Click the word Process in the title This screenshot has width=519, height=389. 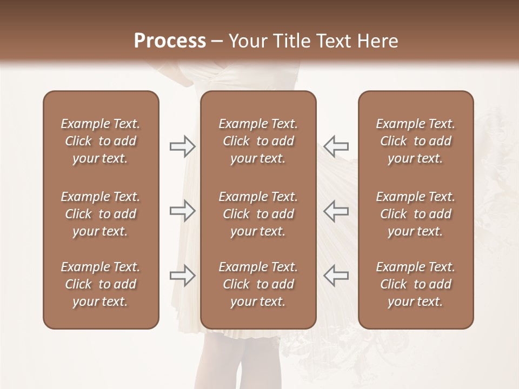pyautogui.click(x=170, y=41)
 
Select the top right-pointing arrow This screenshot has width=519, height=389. pyautogui.click(x=182, y=146)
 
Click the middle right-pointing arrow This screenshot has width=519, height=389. pyautogui.click(x=182, y=211)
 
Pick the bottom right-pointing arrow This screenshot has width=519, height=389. pyautogui.click(x=182, y=276)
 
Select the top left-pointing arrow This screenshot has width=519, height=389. pyautogui.click(x=336, y=146)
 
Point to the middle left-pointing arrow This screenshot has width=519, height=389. pyautogui.click(x=336, y=211)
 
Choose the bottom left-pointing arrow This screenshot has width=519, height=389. pyautogui.click(x=336, y=276)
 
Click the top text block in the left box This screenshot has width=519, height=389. pyautogui.click(x=101, y=141)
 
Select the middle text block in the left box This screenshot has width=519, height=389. pyautogui.click(x=101, y=214)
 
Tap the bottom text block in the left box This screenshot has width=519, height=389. pyautogui.click(x=101, y=284)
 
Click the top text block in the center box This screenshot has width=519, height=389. pyautogui.click(x=258, y=141)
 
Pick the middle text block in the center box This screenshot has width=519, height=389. pyautogui.click(x=258, y=214)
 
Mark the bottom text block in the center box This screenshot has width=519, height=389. pyautogui.click(x=258, y=284)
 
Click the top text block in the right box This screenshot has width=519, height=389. pyautogui.click(x=416, y=141)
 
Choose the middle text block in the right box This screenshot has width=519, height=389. pyautogui.click(x=416, y=214)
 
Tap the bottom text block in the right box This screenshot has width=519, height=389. pyautogui.click(x=416, y=284)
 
